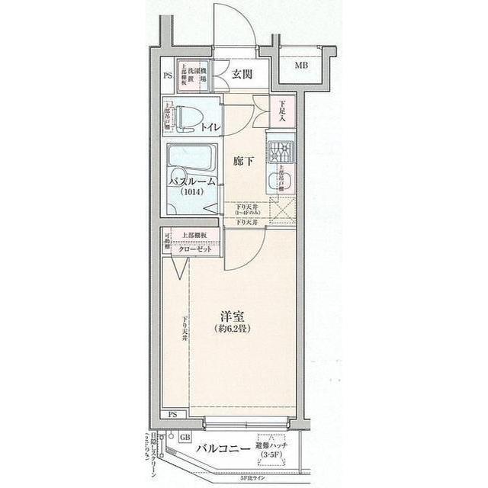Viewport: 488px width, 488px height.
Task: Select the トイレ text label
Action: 209,127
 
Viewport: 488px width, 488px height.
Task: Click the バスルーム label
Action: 193,181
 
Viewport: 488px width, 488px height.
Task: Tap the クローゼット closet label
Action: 196,249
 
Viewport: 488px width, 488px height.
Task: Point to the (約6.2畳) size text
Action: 233,330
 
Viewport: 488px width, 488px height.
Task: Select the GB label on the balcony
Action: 185,438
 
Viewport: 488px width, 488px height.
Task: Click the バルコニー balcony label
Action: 223,450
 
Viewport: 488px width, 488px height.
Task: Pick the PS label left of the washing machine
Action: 168,76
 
